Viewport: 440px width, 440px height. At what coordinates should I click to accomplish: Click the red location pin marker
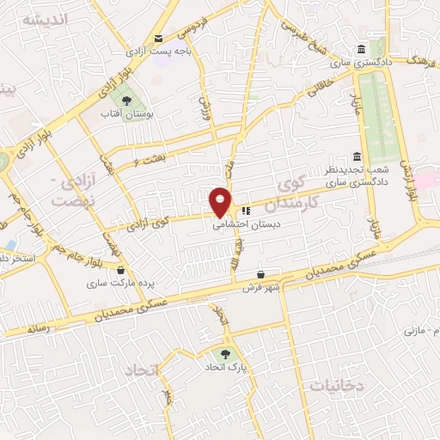tap(221, 200)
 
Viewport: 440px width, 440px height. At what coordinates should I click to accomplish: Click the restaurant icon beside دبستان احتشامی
tap(246, 210)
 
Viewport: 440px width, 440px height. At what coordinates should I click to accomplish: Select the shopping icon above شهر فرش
tap(260, 275)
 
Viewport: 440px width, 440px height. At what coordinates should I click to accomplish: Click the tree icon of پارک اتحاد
tap(225, 352)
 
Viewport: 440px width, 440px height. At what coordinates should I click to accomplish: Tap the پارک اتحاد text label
tap(226, 367)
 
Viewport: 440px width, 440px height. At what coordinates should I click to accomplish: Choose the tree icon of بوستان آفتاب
tap(126, 101)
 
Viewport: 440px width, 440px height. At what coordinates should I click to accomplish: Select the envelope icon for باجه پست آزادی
tap(158, 38)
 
